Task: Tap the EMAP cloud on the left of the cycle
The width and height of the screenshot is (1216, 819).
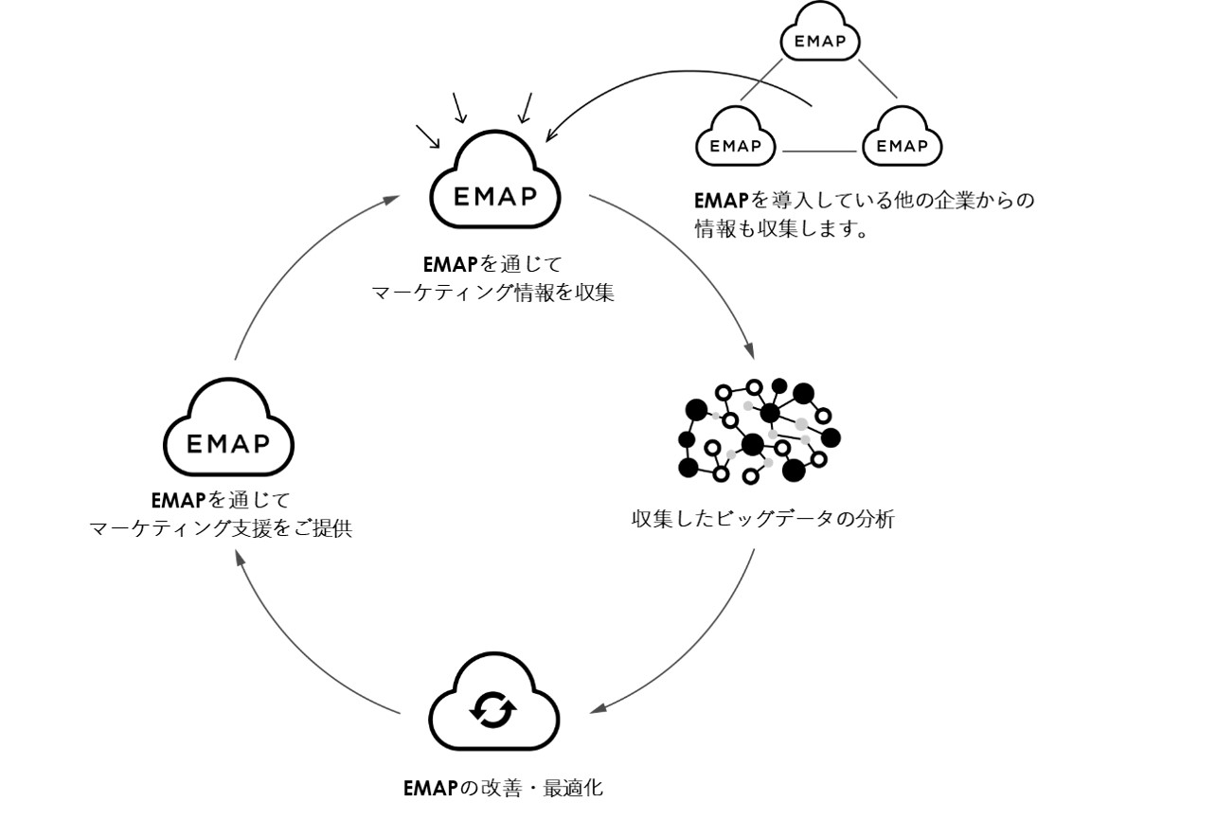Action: coord(228,436)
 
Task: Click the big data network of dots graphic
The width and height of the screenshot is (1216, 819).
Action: coord(759,431)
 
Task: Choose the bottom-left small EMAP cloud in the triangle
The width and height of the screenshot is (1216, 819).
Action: coord(736,142)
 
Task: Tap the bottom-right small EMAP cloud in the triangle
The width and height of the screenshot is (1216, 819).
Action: coord(903,142)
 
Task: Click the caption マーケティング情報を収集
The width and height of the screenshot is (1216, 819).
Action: coord(494,294)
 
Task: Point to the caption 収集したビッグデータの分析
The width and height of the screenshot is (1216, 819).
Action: coord(762,519)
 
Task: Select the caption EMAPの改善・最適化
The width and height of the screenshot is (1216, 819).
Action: coord(503,788)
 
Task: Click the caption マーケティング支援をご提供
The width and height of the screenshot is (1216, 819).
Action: coord(221,528)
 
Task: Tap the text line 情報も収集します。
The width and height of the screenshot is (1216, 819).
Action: coord(782,230)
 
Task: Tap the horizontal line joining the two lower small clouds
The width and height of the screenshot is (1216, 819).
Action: coord(819,151)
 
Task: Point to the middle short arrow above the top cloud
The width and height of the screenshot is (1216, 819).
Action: coord(460,108)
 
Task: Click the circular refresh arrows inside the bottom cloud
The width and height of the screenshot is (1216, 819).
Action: coord(494,709)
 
